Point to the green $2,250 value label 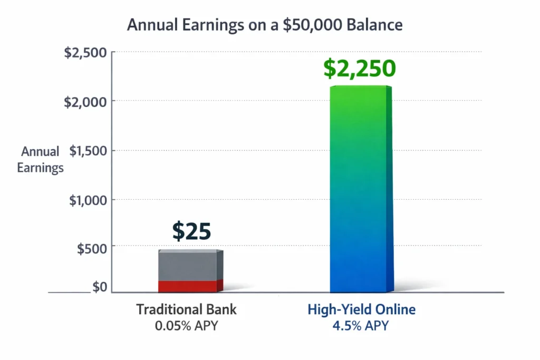coord(359,69)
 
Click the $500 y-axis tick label coord(91,249)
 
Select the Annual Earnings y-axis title coord(40,160)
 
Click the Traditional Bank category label coord(187,309)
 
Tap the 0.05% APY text coord(187,326)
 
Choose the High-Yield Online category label coord(361,309)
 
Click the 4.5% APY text coord(361,326)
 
